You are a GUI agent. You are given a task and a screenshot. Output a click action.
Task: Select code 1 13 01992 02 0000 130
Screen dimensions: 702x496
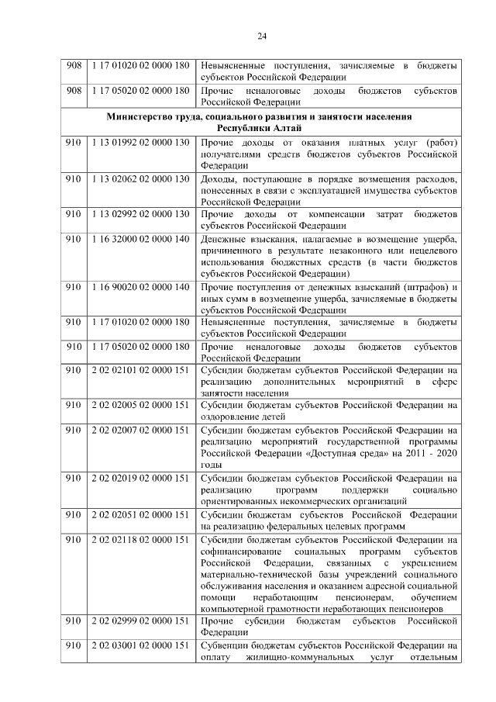[x=140, y=143]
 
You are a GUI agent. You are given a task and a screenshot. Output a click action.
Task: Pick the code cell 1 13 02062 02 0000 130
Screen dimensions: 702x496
[x=140, y=179]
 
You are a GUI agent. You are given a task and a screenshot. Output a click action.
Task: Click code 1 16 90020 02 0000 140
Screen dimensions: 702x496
[x=140, y=287]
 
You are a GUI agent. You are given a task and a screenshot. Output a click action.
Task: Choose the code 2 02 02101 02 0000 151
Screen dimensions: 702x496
[x=140, y=371]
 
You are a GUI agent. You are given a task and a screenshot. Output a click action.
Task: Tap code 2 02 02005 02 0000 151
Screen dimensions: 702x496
[x=140, y=405]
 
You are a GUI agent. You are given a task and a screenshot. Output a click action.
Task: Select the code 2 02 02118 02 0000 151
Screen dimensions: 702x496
[x=140, y=538]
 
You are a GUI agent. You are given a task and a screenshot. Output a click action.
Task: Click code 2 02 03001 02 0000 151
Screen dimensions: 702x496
[x=140, y=646]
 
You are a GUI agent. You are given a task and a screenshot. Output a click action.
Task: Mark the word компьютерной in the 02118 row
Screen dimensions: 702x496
[x=232, y=609]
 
